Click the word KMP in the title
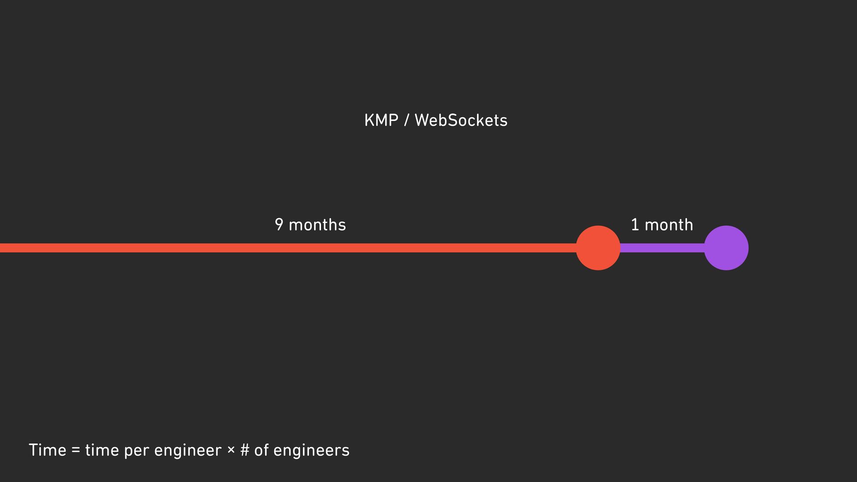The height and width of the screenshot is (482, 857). pos(381,120)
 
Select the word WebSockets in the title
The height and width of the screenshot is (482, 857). pos(461,120)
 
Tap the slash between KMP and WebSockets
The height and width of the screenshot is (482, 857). pos(406,120)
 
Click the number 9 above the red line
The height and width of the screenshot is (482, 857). pos(279,224)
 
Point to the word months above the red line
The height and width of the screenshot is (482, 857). pos(317,224)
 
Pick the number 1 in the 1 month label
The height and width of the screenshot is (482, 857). pos(635,224)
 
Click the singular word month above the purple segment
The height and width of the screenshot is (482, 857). pos(669,224)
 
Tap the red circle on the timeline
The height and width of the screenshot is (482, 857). pos(598,248)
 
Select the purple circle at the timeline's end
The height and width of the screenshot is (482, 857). pos(726,248)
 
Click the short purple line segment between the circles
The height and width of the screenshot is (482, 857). pos(662,248)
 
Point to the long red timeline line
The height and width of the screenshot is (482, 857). pos(286,248)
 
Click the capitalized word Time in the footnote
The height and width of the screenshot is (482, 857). pos(47,450)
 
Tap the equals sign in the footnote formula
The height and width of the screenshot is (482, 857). pos(76,450)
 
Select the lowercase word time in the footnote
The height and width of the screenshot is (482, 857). pos(102,450)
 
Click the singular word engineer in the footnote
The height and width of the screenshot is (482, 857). pos(187,451)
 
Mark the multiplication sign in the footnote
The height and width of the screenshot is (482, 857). pos(231,449)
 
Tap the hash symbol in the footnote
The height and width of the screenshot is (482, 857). pos(245,450)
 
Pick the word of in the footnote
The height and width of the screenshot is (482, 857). pos(262,450)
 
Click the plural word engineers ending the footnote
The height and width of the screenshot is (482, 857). pos(311,451)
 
